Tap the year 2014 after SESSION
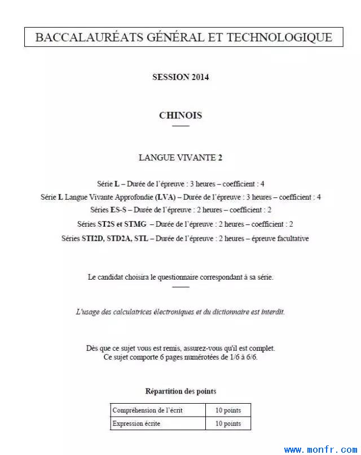200,77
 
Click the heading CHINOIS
180,116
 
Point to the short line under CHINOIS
180,126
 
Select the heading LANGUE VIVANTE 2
180,158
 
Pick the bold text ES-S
120,210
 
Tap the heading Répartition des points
180,391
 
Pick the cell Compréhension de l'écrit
148,410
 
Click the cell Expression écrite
136,423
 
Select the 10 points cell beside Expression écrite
228,423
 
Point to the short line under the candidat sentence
180,287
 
